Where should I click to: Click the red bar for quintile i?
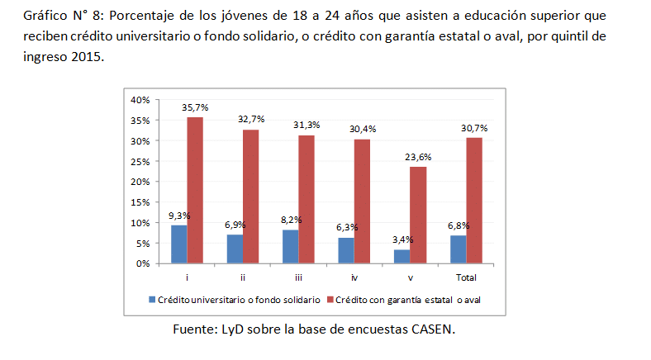point(194,190)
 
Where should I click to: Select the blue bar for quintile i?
point(178,244)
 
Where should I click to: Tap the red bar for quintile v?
point(419,215)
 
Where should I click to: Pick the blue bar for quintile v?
point(402,257)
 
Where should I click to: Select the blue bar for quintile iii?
point(290,247)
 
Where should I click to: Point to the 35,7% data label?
point(195,107)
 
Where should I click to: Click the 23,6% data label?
point(417,157)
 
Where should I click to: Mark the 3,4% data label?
point(402,239)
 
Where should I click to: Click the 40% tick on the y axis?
point(140,100)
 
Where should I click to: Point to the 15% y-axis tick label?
point(140,202)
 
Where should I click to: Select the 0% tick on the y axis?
point(142,264)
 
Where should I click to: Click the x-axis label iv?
point(354,277)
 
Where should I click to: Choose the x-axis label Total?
point(466,277)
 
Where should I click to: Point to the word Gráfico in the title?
point(45,17)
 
